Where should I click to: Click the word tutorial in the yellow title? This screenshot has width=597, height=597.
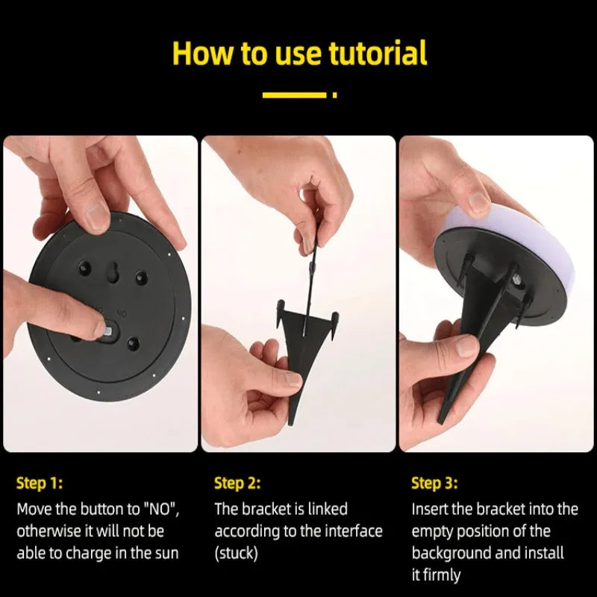click(x=378, y=53)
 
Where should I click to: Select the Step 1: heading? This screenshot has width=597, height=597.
click(x=40, y=483)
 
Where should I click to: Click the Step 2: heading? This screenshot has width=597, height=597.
click(x=237, y=483)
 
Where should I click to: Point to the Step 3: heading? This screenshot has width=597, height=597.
click(x=434, y=483)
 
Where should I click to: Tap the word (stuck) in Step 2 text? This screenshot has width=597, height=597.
click(x=236, y=553)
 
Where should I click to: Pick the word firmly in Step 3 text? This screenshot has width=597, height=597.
click(x=442, y=575)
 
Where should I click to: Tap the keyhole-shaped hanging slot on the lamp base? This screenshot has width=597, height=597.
click(x=113, y=271)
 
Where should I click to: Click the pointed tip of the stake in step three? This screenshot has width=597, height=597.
click(x=440, y=422)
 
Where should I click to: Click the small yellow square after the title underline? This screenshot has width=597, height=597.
click(x=334, y=95)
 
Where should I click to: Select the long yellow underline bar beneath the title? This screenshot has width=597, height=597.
click(x=294, y=95)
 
